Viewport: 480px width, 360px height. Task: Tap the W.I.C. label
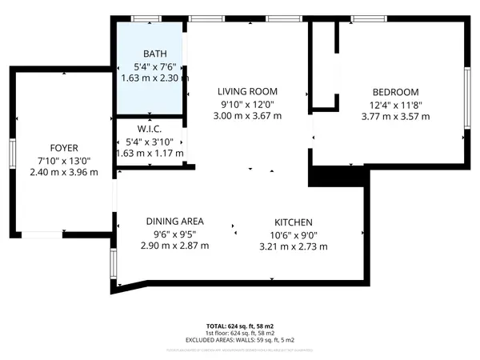pyautogui.click(x=150, y=128)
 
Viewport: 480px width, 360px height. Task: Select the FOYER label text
pyautogui.click(x=63, y=147)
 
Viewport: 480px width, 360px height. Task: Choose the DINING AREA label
pyautogui.click(x=174, y=222)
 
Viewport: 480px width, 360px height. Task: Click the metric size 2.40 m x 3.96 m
pyautogui.click(x=63, y=172)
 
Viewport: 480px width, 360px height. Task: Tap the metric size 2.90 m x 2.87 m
pyautogui.click(x=174, y=247)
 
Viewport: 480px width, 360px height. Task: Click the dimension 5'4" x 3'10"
pyautogui.click(x=150, y=141)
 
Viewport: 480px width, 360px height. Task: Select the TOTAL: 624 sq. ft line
pyautogui.click(x=239, y=326)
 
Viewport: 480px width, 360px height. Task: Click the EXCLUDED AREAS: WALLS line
pyautogui.click(x=239, y=339)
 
